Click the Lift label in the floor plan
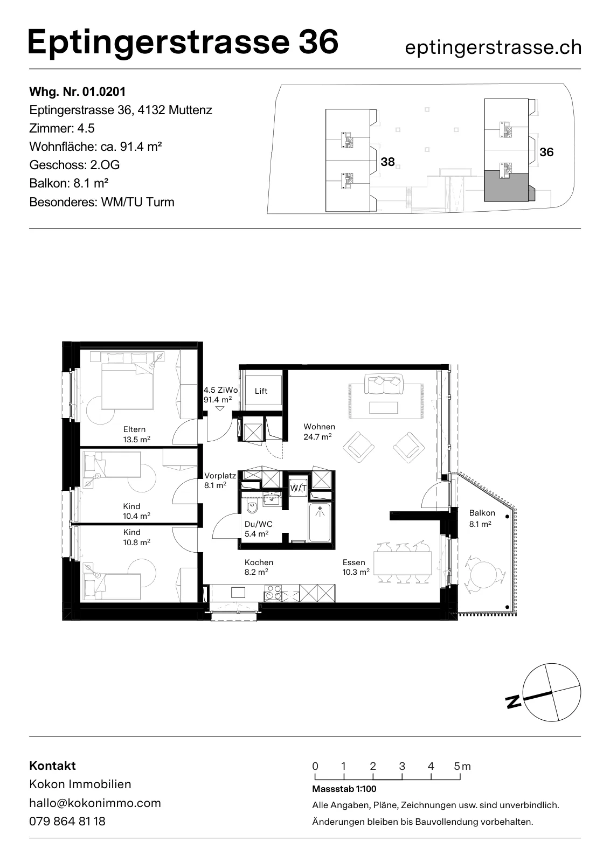pyautogui.click(x=261, y=391)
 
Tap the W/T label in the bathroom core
pyautogui.click(x=299, y=488)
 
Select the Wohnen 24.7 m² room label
pyautogui.click(x=319, y=432)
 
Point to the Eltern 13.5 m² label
pyautogui.click(x=136, y=434)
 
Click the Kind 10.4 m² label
pyautogui.click(x=136, y=511)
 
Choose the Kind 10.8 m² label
pyautogui.click(x=136, y=537)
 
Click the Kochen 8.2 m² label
pyautogui.click(x=259, y=567)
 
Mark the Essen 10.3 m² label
pyautogui.click(x=356, y=567)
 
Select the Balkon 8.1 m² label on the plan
pyautogui.click(x=482, y=518)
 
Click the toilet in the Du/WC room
pyautogui.click(x=252, y=507)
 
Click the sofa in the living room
pyautogui.click(x=383, y=384)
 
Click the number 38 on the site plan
pyautogui.click(x=387, y=162)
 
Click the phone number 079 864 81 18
pyautogui.click(x=67, y=821)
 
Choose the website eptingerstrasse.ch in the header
pyautogui.click(x=493, y=48)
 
